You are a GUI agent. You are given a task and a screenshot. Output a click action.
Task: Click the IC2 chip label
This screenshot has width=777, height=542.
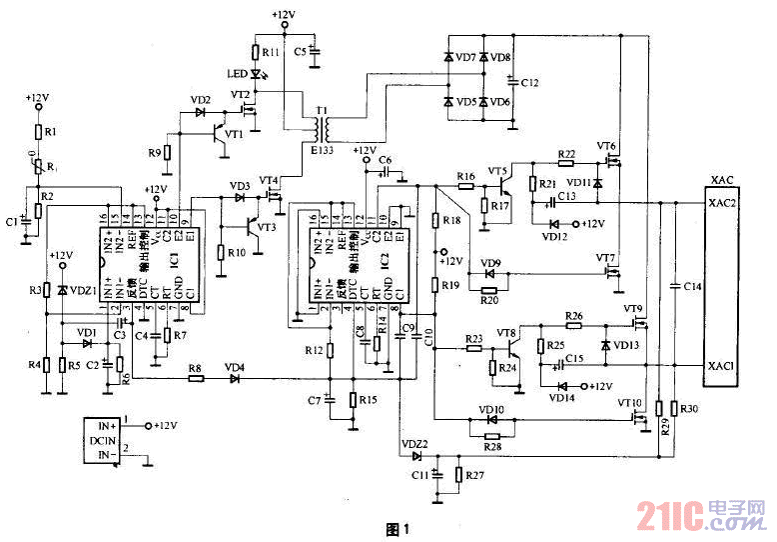(x=383, y=258)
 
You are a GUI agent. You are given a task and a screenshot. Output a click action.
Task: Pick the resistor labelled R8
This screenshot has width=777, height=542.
(x=196, y=378)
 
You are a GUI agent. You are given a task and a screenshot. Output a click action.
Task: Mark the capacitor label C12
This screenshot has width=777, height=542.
(x=529, y=82)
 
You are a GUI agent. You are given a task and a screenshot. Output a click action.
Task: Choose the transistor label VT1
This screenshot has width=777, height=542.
(x=234, y=134)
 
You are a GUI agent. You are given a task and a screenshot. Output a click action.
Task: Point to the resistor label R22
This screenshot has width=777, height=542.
(x=566, y=153)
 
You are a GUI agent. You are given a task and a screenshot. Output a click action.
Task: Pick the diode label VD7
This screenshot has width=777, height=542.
(x=465, y=59)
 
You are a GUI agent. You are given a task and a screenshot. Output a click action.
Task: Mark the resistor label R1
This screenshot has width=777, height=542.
(x=51, y=132)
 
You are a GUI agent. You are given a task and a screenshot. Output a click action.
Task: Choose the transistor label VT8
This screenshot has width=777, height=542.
(x=506, y=332)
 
